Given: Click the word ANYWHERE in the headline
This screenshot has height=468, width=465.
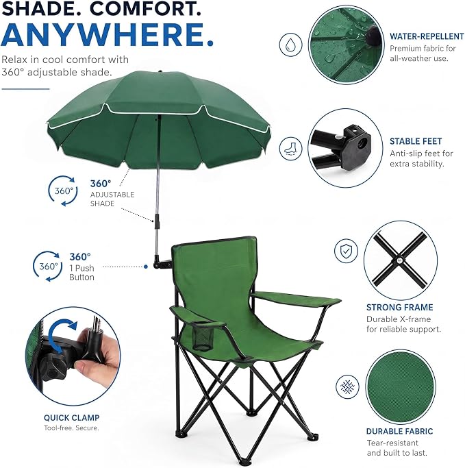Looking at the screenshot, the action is pos(107,34).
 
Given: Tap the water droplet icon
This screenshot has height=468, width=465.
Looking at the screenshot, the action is pos(290,45).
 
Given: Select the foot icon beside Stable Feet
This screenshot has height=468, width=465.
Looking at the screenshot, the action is pos(290,148).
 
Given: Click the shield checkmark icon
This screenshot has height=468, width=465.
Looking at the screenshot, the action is pos(346,251).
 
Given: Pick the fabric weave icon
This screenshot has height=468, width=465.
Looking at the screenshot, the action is pos(347,386).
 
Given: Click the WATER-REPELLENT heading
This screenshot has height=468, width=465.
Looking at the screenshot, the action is pos(427,36).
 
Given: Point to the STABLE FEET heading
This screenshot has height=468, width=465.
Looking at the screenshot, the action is pos(416,141).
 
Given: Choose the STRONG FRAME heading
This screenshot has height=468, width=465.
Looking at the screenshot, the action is pos(399,307).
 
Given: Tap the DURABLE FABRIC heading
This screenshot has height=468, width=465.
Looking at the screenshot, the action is pos(399,431).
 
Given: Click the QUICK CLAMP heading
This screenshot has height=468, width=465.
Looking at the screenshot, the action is pos(72,417).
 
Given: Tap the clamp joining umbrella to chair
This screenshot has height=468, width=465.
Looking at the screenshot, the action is pos(162,262).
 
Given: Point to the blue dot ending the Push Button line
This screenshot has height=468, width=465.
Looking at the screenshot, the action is pos(146,267).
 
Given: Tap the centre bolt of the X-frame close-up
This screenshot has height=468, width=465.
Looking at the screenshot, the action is pos(399,260).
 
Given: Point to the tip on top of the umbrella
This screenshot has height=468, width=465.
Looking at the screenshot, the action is pos(160,72).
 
